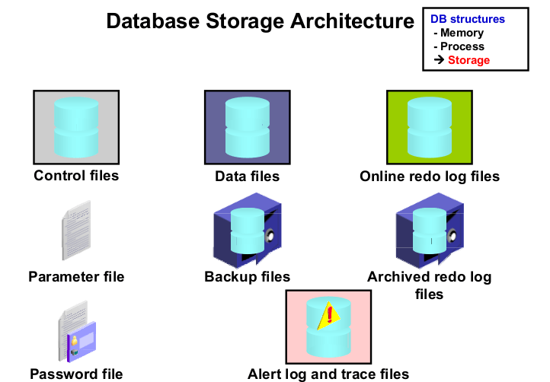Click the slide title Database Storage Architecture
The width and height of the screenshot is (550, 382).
point(260,21)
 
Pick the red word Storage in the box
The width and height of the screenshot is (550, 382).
point(468,60)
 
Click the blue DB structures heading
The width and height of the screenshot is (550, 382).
point(467,19)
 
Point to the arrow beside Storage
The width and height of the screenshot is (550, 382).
point(439,60)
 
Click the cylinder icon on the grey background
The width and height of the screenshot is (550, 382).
point(76,127)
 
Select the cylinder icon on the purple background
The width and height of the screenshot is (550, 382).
point(247,127)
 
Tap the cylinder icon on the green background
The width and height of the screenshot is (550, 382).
point(430,127)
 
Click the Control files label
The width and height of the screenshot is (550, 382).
point(76,176)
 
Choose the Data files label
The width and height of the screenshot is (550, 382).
point(248,177)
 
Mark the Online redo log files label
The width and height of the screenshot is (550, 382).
point(430,177)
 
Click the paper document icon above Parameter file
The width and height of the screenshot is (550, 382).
point(76,231)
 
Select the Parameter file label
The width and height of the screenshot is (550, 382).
point(76,276)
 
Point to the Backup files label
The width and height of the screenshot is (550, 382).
point(248,276)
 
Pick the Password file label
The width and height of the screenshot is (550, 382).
point(76,374)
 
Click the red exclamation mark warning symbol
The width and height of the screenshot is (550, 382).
point(330,314)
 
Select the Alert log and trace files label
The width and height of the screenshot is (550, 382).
point(328,374)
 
